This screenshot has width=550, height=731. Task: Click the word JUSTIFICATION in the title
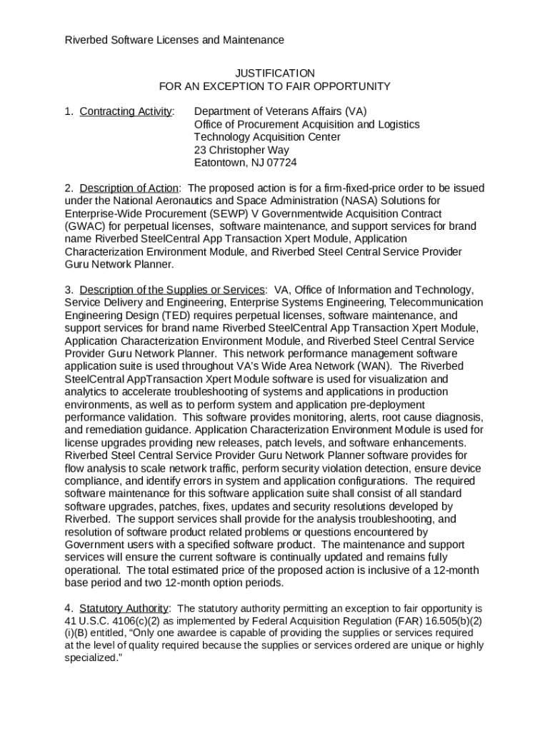274,74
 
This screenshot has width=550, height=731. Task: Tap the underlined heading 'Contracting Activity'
126,111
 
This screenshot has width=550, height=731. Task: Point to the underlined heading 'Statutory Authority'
124,608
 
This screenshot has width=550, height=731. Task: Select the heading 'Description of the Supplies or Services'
172,290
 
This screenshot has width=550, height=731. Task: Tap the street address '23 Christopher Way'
241,150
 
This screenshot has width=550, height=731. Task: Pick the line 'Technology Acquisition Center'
267,137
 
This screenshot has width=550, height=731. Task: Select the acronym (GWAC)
85,227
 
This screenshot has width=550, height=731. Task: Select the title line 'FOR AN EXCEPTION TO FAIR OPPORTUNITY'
274,86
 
